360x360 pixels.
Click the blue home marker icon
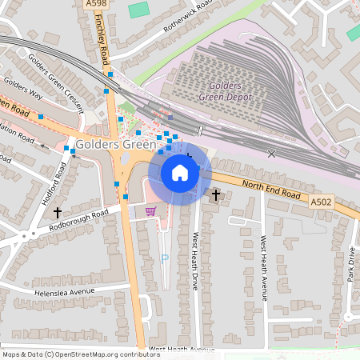179,172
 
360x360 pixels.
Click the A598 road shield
95,4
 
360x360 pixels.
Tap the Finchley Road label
102,45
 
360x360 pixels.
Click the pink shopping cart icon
150,211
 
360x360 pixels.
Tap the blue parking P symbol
165,258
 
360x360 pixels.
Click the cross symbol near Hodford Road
57,213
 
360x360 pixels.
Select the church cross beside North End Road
216,194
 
